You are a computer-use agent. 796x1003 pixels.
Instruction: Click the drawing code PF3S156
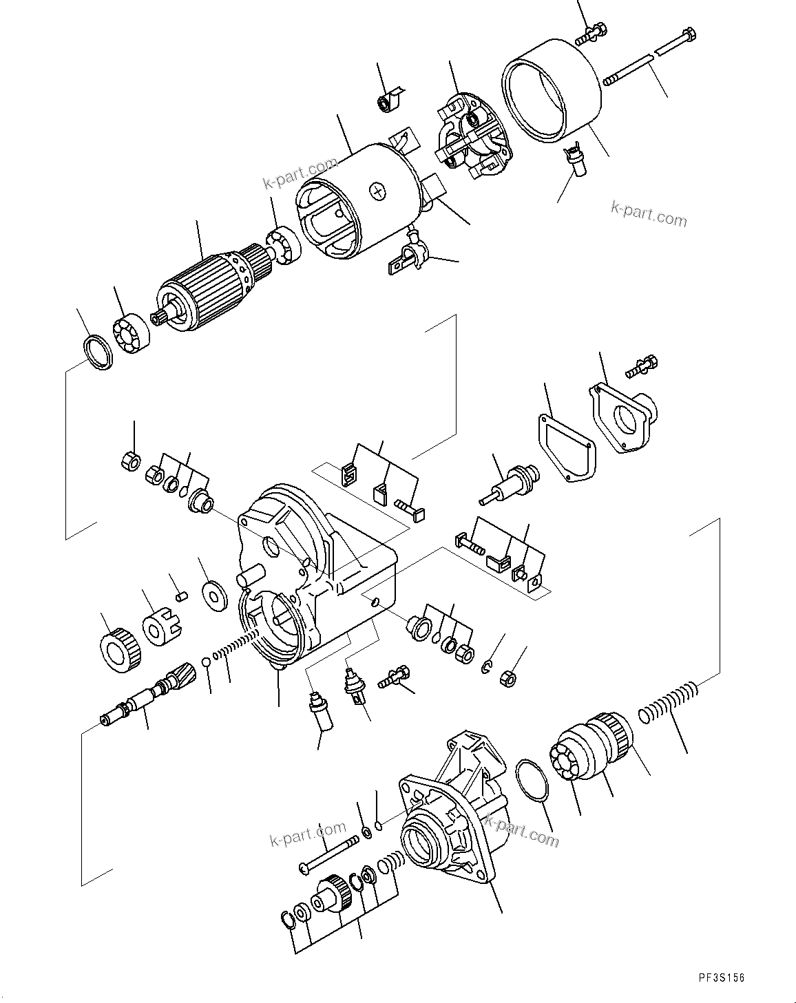click(720, 978)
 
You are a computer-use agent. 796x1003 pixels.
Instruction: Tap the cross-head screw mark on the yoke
click(378, 191)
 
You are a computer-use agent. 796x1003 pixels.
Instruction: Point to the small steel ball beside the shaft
click(206, 662)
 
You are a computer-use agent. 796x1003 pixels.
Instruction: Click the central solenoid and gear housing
click(310, 571)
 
